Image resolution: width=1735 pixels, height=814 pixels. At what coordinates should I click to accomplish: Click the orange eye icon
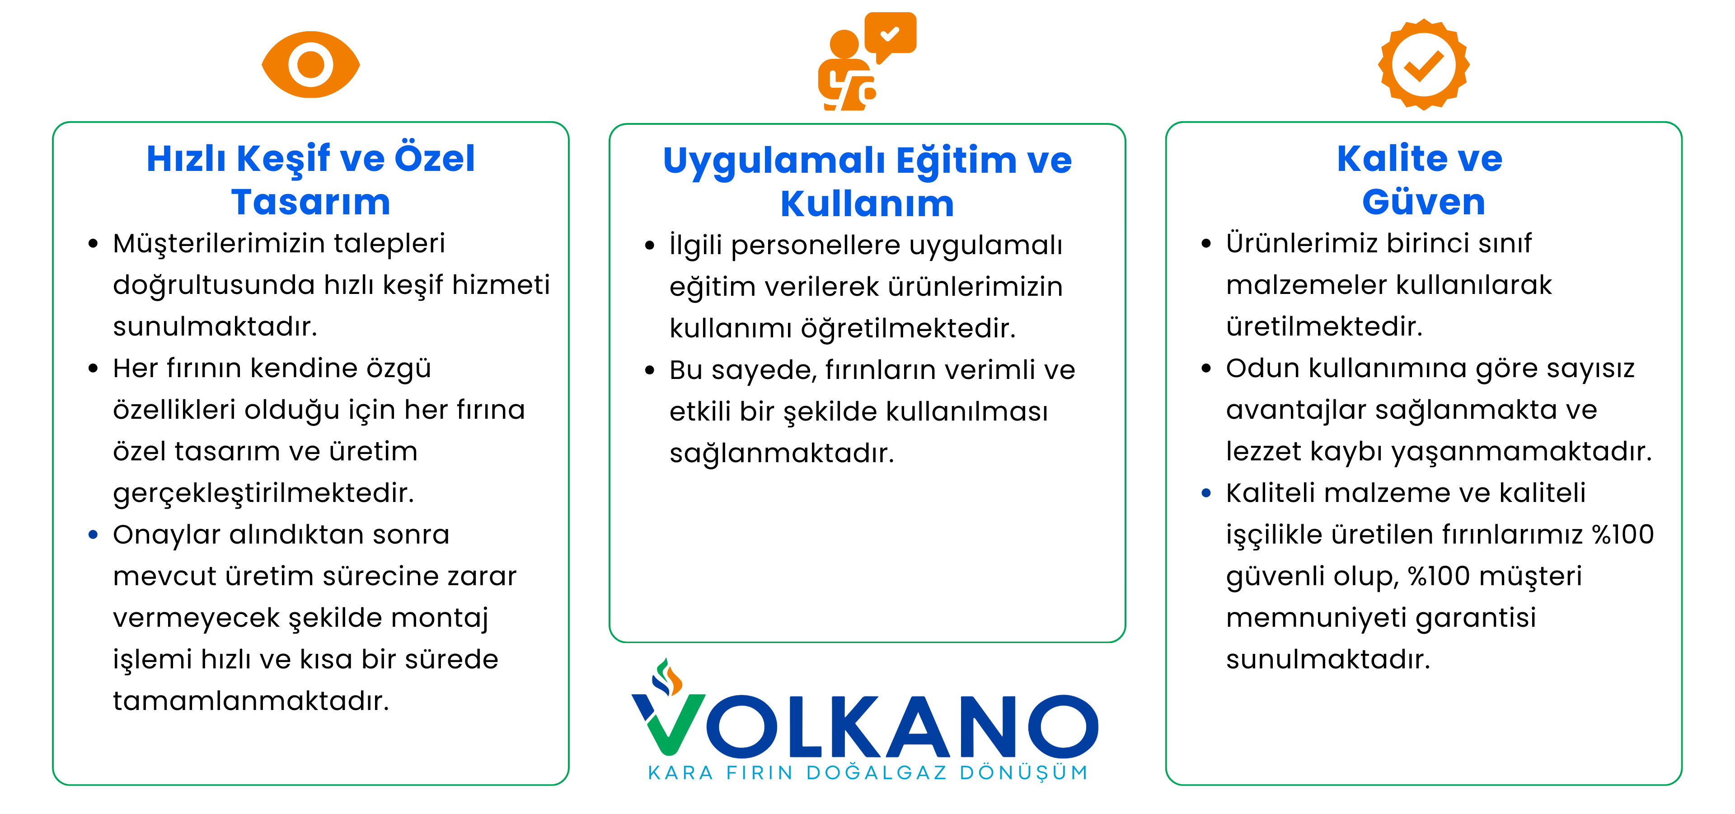310,65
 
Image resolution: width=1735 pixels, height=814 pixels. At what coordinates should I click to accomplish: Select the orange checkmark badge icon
1423,65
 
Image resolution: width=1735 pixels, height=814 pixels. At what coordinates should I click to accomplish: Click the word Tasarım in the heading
310,202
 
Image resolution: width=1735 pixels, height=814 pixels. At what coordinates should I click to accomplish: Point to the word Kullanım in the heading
867,204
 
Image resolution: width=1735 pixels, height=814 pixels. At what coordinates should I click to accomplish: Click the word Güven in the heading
1424,202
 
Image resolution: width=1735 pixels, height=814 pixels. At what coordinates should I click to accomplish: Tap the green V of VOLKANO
668,724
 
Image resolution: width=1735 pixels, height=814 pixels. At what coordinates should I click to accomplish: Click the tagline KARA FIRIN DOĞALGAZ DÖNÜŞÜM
867,773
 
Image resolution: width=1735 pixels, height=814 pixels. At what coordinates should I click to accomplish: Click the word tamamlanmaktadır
251,701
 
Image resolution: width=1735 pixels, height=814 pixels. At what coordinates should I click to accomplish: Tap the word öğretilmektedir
908,329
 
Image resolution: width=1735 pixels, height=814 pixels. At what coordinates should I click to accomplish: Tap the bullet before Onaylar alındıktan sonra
93,535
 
